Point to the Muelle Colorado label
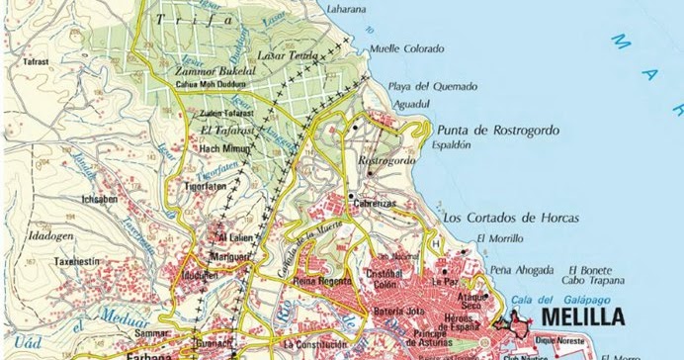[x=408, y=47]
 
